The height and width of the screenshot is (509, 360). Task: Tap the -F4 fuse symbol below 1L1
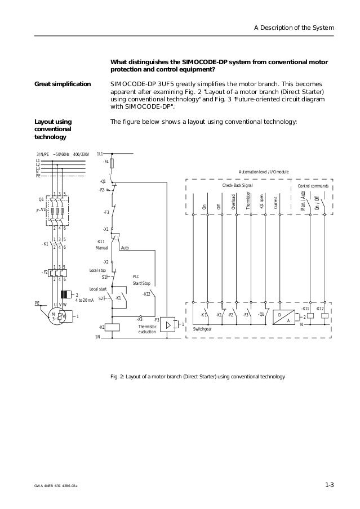(x=112, y=163)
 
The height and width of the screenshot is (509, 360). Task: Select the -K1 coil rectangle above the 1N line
(x=112, y=327)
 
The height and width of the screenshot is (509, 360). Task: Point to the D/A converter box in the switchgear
(x=283, y=317)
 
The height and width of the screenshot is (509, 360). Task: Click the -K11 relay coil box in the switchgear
(x=310, y=316)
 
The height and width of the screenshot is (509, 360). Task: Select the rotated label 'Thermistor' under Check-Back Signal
(x=248, y=201)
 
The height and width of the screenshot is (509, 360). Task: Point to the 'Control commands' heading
(x=313, y=185)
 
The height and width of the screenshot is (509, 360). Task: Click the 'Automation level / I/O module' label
(x=264, y=171)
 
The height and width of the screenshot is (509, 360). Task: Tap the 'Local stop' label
(x=98, y=271)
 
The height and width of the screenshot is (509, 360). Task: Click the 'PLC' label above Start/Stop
(x=136, y=276)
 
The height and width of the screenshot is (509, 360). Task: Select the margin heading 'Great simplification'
(x=63, y=84)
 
